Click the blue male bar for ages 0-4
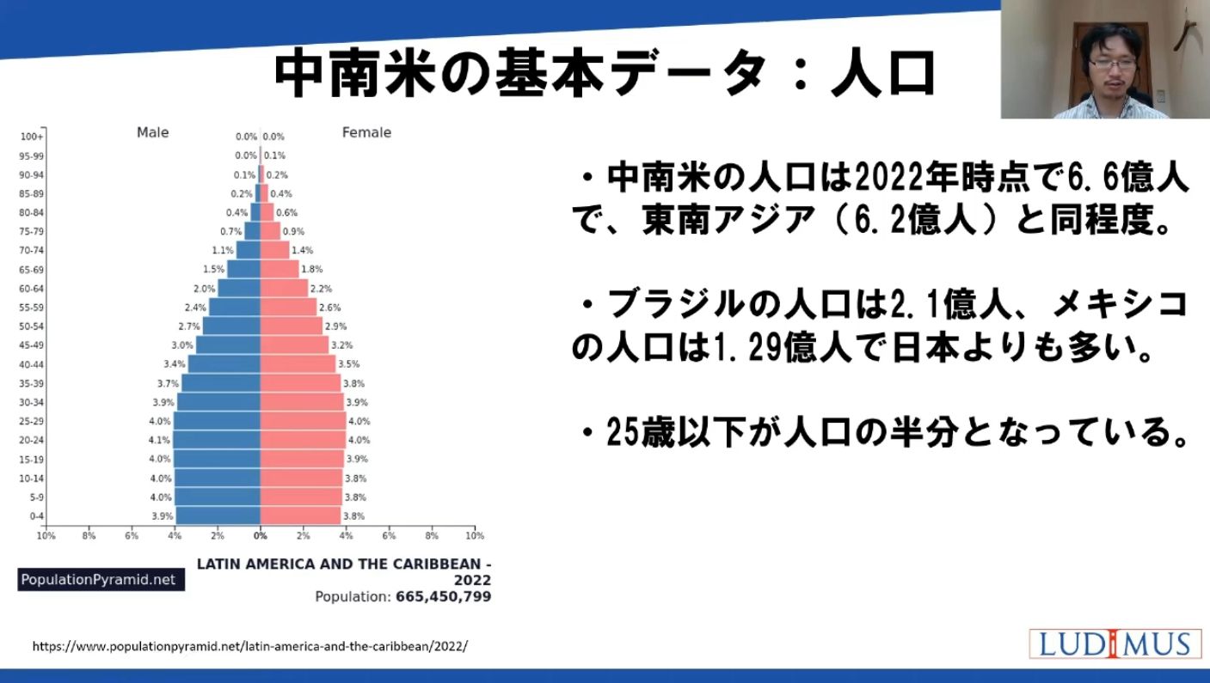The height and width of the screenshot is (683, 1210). (218, 516)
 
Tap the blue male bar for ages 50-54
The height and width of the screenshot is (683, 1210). (231, 326)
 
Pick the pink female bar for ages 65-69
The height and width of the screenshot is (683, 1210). (279, 269)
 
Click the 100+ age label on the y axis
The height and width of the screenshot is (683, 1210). (33, 137)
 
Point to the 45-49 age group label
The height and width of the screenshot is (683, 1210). (31, 345)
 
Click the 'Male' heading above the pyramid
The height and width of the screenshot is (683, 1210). (153, 132)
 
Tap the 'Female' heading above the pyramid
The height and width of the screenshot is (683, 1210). (366, 132)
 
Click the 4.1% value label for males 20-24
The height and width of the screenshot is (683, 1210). (160, 440)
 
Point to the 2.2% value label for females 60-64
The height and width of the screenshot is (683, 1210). (321, 289)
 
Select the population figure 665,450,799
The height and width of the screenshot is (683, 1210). (444, 596)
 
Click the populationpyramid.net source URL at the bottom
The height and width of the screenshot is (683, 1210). (250, 646)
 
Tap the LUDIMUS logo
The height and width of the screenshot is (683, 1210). (1115, 643)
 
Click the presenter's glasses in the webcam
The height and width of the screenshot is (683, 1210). (1109, 62)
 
